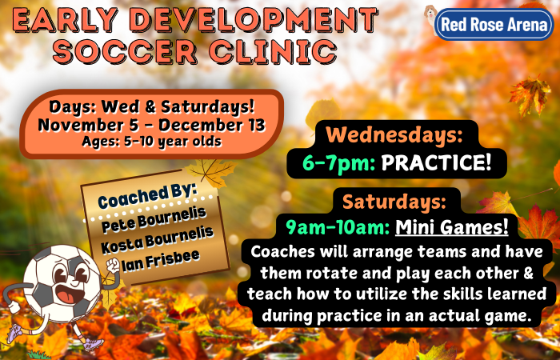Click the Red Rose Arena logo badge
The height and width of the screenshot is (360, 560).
pos(494,24)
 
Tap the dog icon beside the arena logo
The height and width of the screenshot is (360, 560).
pos(430,16)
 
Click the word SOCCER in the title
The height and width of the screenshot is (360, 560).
pos(125,51)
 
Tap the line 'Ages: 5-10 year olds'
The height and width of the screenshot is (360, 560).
pos(152,142)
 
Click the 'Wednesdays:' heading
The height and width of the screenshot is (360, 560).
pos(394,135)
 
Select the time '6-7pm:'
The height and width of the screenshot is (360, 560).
pos(338,164)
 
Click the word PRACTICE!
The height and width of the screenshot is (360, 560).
pos(437,163)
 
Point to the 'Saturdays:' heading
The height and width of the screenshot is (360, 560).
pos(394,202)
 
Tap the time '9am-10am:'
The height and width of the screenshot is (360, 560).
pos(338,227)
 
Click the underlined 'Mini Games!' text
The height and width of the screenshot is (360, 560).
pos(452,226)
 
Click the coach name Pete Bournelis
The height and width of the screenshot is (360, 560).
pos(154,220)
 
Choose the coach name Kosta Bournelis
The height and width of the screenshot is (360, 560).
pos(157,241)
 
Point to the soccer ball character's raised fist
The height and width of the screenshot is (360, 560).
pos(113,266)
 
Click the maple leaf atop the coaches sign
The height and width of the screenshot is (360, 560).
pos(211,171)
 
